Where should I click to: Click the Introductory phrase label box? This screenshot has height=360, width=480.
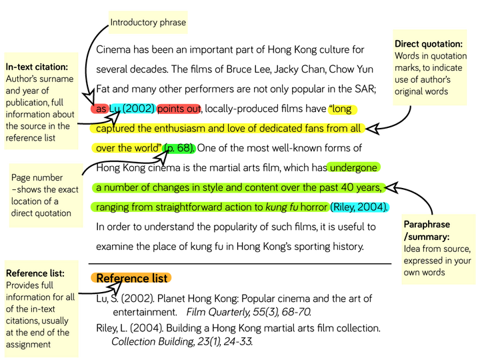(x=148, y=23)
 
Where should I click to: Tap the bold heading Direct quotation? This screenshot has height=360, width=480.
(x=428, y=44)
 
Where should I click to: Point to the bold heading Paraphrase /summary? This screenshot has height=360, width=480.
(x=427, y=231)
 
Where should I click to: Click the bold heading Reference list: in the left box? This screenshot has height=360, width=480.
(x=35, y=273)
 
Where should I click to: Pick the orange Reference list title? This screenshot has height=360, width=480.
(x=132, y=278)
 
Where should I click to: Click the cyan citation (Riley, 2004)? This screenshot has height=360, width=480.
(x=360, y=207)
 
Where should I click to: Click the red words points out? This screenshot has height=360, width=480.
(x=179, y=109)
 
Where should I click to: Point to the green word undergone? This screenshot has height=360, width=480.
(x=353, y=168)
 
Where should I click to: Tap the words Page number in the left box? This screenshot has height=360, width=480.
(x=37, y=178)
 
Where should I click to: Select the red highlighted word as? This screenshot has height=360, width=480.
(x=101, y=109)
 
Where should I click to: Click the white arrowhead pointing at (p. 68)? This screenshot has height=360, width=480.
(x=162, y=157)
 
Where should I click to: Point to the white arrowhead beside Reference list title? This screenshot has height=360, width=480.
(x=116, y=287)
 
